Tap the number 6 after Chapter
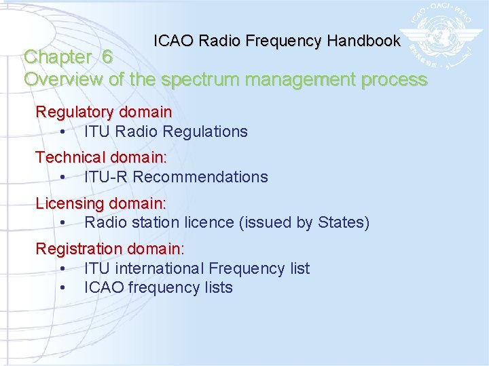[107, 58]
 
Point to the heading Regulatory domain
[103, 111]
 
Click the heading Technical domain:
[101, 157]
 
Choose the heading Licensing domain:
[101, 203]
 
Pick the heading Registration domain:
[110, 249]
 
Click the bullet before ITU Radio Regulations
[62, 132]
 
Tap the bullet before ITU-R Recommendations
[62, 178]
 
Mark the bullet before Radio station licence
[62, 223]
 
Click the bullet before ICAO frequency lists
[62, 288]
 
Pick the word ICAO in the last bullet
[103, 287]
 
